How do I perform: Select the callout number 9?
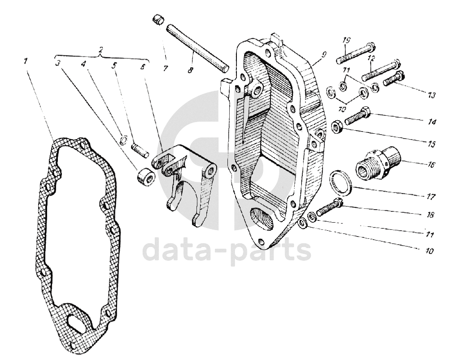(x=323, y=54)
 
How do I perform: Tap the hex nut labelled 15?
(x=337, y=127)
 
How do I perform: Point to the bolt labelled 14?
(x=357, y=117)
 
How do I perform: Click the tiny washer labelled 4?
(x=124, y=140)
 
